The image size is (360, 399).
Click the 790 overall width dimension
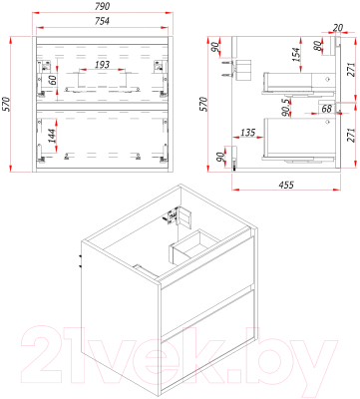(102, 6)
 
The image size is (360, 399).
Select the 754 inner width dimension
(102, 21)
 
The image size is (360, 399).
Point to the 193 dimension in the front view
(102, 64)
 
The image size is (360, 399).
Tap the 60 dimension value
(52, 81)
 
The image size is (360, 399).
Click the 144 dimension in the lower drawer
(52, 136)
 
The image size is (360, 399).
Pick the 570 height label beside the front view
(6, 104)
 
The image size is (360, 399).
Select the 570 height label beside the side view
(203, 104)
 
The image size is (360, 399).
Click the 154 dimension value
(295, 55)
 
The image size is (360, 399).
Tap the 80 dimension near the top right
(318, 46)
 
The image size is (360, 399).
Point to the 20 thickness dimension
(337, 28)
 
